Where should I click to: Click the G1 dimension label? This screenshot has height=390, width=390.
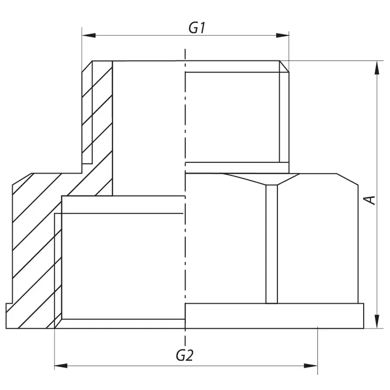tap(196, 28)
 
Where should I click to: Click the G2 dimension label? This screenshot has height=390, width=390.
tap(184, 356)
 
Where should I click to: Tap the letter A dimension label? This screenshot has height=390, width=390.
tap(370, 200)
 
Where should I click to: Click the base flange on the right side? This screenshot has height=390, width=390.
tap(274, 316)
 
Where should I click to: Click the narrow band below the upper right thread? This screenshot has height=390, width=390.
tap(237, 168)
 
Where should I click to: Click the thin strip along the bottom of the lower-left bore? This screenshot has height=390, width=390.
tap(123, 324)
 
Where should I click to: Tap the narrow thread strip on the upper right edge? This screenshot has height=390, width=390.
tap(284, 117)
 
